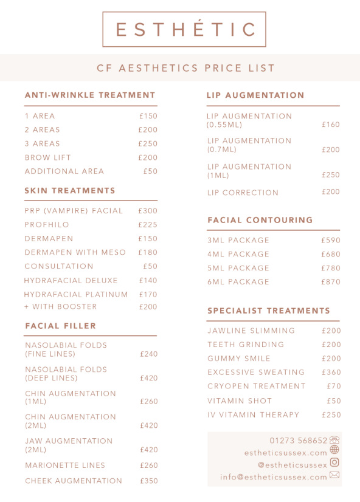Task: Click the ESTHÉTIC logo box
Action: (184, 29)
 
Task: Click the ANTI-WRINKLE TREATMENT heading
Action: (90, 95)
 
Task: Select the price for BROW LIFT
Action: (148, 157)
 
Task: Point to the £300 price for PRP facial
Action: (148, 211)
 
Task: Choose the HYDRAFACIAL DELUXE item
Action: (71, 281)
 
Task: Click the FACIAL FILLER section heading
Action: (61, 326)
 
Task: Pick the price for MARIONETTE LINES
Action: (149, 466)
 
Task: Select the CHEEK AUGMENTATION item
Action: (74, 481)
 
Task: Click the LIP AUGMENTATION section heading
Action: (255, 95)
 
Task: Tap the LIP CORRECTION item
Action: (243, 193)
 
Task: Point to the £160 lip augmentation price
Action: (331, 125)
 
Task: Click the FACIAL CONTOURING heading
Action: (260, 220)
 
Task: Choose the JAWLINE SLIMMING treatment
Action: (251, 331)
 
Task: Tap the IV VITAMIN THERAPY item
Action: (254, 414)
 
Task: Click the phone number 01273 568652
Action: (299, 440)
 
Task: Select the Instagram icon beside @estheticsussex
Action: (334, 462)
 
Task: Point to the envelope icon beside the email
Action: (334, 475)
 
